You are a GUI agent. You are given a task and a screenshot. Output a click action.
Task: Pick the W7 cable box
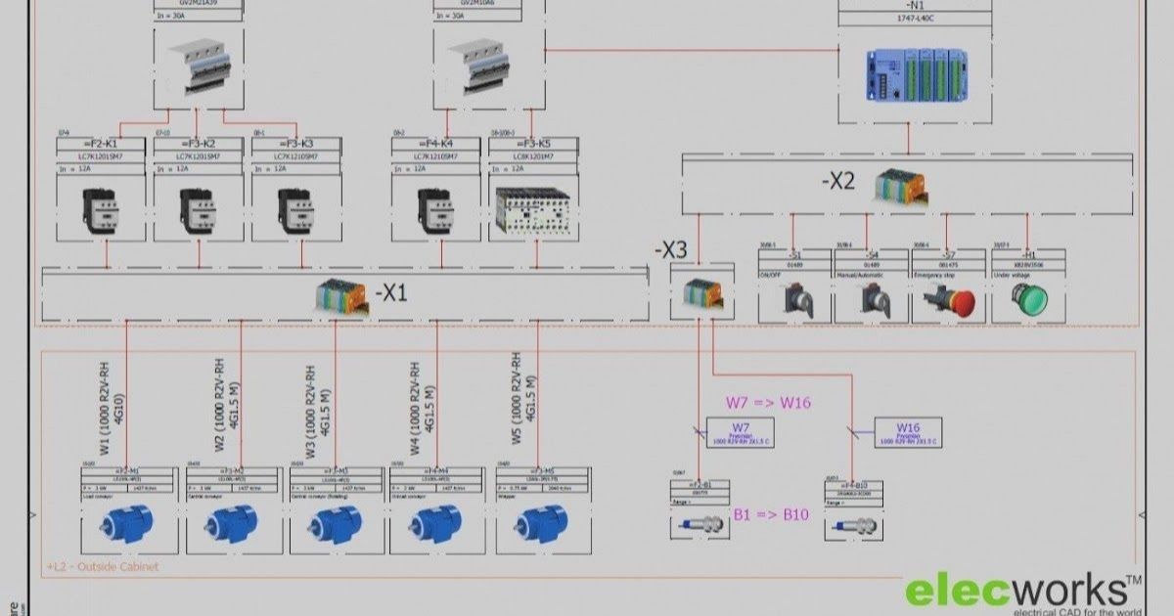click(740, 431)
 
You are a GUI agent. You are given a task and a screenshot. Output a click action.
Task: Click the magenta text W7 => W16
click(768, 402)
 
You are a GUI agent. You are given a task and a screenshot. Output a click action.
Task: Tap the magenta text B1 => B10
click(771, 514)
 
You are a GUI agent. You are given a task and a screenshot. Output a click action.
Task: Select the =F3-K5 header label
click(534, 144)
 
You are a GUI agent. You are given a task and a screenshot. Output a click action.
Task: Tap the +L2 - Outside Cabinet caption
click(103, 566)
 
